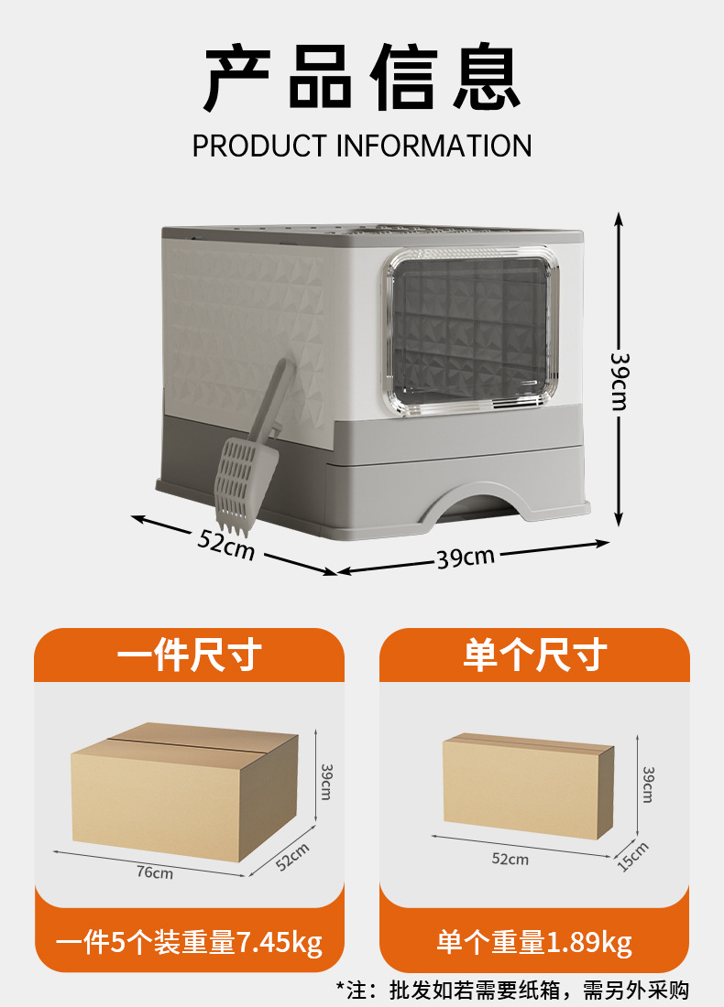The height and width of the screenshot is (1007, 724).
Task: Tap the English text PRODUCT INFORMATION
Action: tap(362, 146)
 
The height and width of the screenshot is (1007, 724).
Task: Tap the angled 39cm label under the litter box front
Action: tap(465, 556)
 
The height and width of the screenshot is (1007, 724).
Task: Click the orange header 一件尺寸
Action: tap(190, 655)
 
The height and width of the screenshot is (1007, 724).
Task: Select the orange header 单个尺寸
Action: tap(534, 655)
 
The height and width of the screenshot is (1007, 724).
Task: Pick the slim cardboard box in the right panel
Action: tap(527, 785)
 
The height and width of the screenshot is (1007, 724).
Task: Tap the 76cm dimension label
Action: tap(154, 872)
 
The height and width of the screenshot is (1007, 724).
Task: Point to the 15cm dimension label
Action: tap(632, 856)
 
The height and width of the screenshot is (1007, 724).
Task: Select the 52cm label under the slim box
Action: tap(510, 859)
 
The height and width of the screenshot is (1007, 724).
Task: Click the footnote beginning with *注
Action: tap(512, 990)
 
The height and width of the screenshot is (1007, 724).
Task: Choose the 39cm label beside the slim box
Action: tap(647, 785)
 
